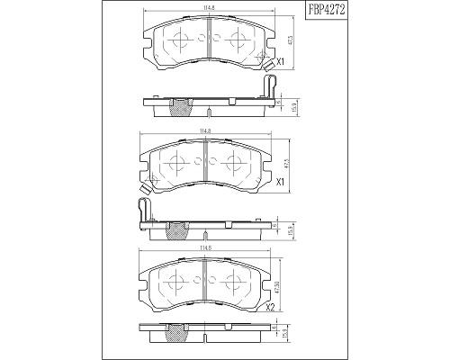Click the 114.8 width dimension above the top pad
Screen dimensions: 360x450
point(208,9)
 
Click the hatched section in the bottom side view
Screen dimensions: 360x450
point(177,335)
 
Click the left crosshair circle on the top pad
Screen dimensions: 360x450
point(180,39)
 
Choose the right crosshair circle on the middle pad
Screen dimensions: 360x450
point(236,162)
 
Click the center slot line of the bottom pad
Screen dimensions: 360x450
point(208,281)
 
